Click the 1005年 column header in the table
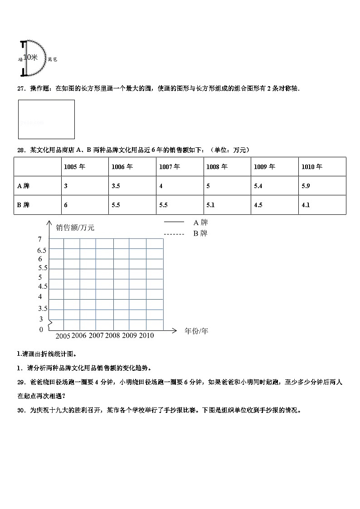tap(74, 167)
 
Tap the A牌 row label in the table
tap(24, 186)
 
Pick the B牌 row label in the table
tap(24, 205)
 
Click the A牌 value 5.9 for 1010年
tap(306, 186)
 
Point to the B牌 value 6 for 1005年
tap(66, 205)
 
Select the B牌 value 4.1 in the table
tap(306, 205)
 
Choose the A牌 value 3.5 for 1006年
tap(116, 186)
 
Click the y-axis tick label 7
tap(39, 239)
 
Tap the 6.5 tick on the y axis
tap(42, 251)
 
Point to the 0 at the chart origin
tap(41, 330)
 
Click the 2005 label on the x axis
tap(63, 336)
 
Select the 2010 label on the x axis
tap(146, 335)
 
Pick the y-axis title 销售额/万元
tap(75, 228)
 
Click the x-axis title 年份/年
tap(196, 331)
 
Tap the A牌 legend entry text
tap(200, 223)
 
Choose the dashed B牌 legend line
tap(174, 234)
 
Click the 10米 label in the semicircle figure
tap(30, 58)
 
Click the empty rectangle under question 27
tap(46, 119)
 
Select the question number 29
tap(21, 382)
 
